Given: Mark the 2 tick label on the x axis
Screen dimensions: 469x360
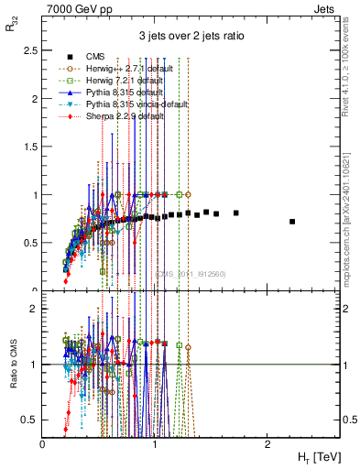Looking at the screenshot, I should pyautogui.click(x=267, y=444).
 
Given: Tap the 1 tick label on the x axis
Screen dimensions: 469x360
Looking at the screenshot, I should pyautogui.click(x=155, y=444).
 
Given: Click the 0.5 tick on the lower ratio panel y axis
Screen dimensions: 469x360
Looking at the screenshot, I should pyautogui.click(x=34, y=420).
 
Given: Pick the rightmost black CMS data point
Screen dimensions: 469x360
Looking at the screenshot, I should pyautogui.click(x=292, y=222).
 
